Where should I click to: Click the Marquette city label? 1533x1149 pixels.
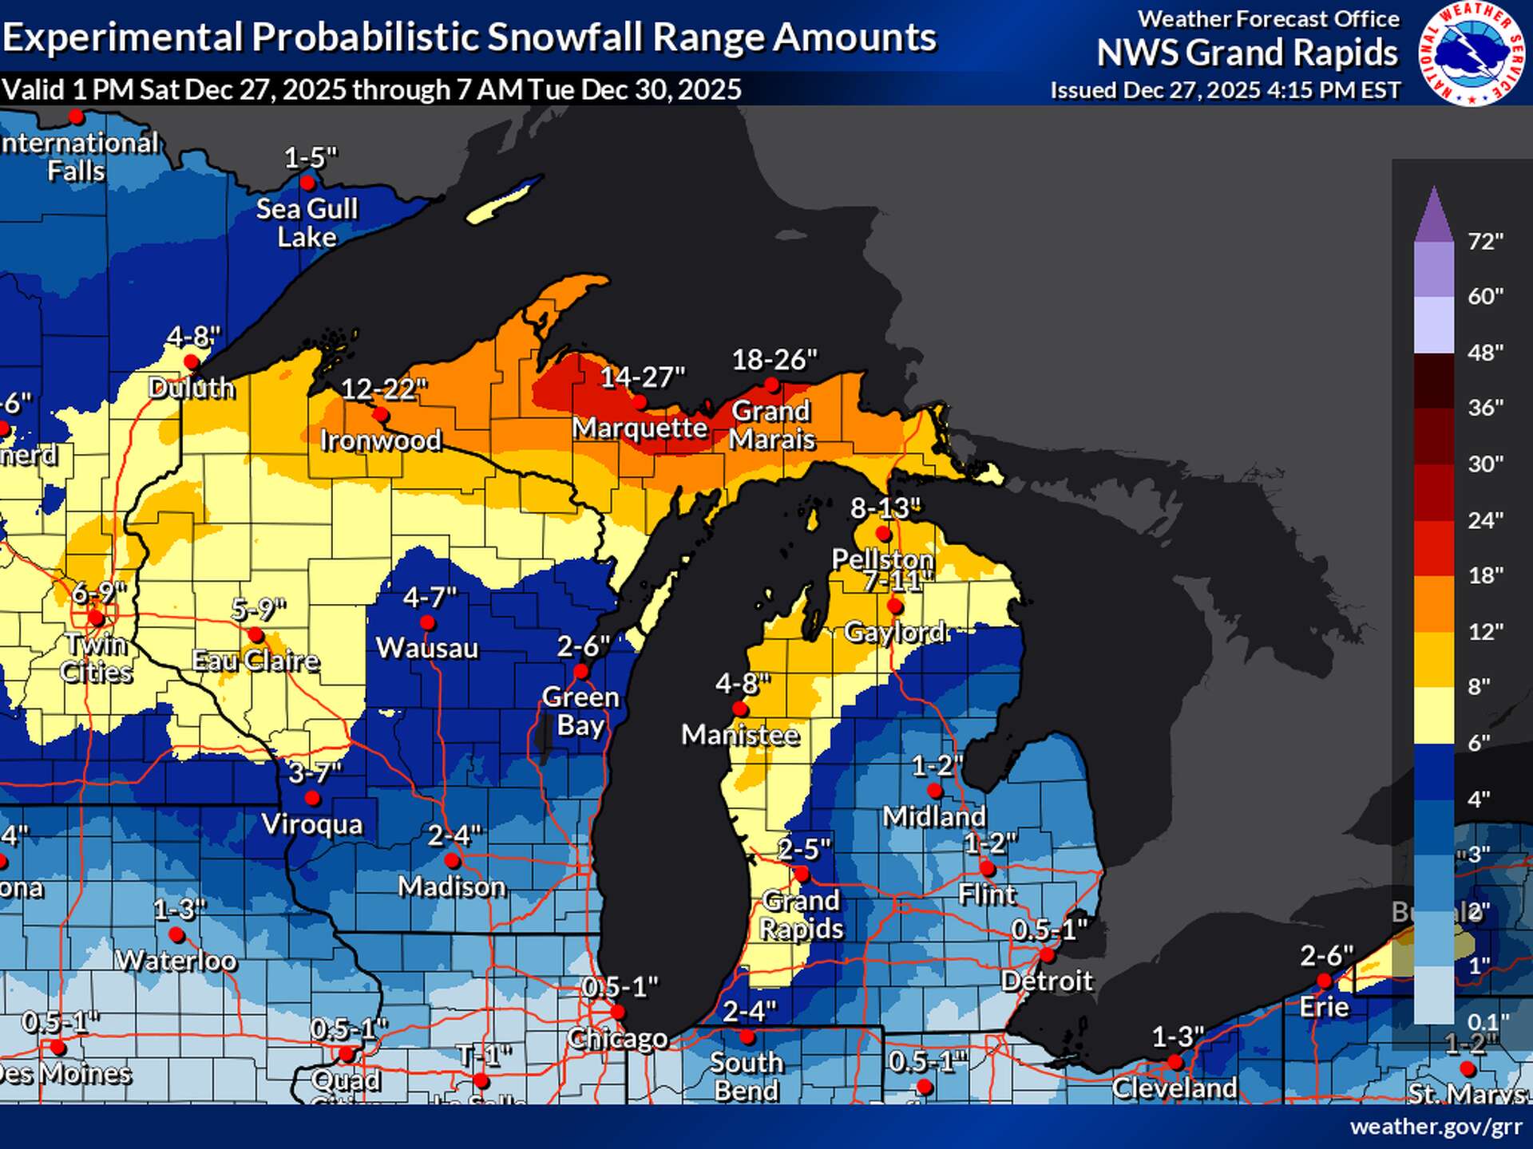point(640,428)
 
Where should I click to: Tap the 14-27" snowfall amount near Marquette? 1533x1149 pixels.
point(643,377)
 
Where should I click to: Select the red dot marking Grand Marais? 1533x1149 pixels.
point(771,385)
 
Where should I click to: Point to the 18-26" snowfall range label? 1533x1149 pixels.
point(774,360)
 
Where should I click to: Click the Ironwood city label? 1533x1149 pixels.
point(380,440)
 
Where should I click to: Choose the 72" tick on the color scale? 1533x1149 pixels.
point(1485,241)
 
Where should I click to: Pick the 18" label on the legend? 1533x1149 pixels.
point(1485,575)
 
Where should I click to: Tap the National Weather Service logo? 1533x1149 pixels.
point(1471,53)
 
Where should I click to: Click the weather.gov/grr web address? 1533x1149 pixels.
point(1435,1127)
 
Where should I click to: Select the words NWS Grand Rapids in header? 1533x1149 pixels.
point(1246,53)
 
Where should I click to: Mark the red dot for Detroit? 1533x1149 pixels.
point(1047,955)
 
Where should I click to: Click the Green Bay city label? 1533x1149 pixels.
point(580,711)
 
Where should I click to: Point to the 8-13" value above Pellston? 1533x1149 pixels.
point(885,507)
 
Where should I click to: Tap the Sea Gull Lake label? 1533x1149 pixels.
point(307,223)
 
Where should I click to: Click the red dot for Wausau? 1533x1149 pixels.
point(427,622)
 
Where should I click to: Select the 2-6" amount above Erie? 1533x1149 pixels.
point(1326,955)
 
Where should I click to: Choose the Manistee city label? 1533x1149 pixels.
point(739,735)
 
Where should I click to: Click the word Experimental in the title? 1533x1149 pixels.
point(122,38)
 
